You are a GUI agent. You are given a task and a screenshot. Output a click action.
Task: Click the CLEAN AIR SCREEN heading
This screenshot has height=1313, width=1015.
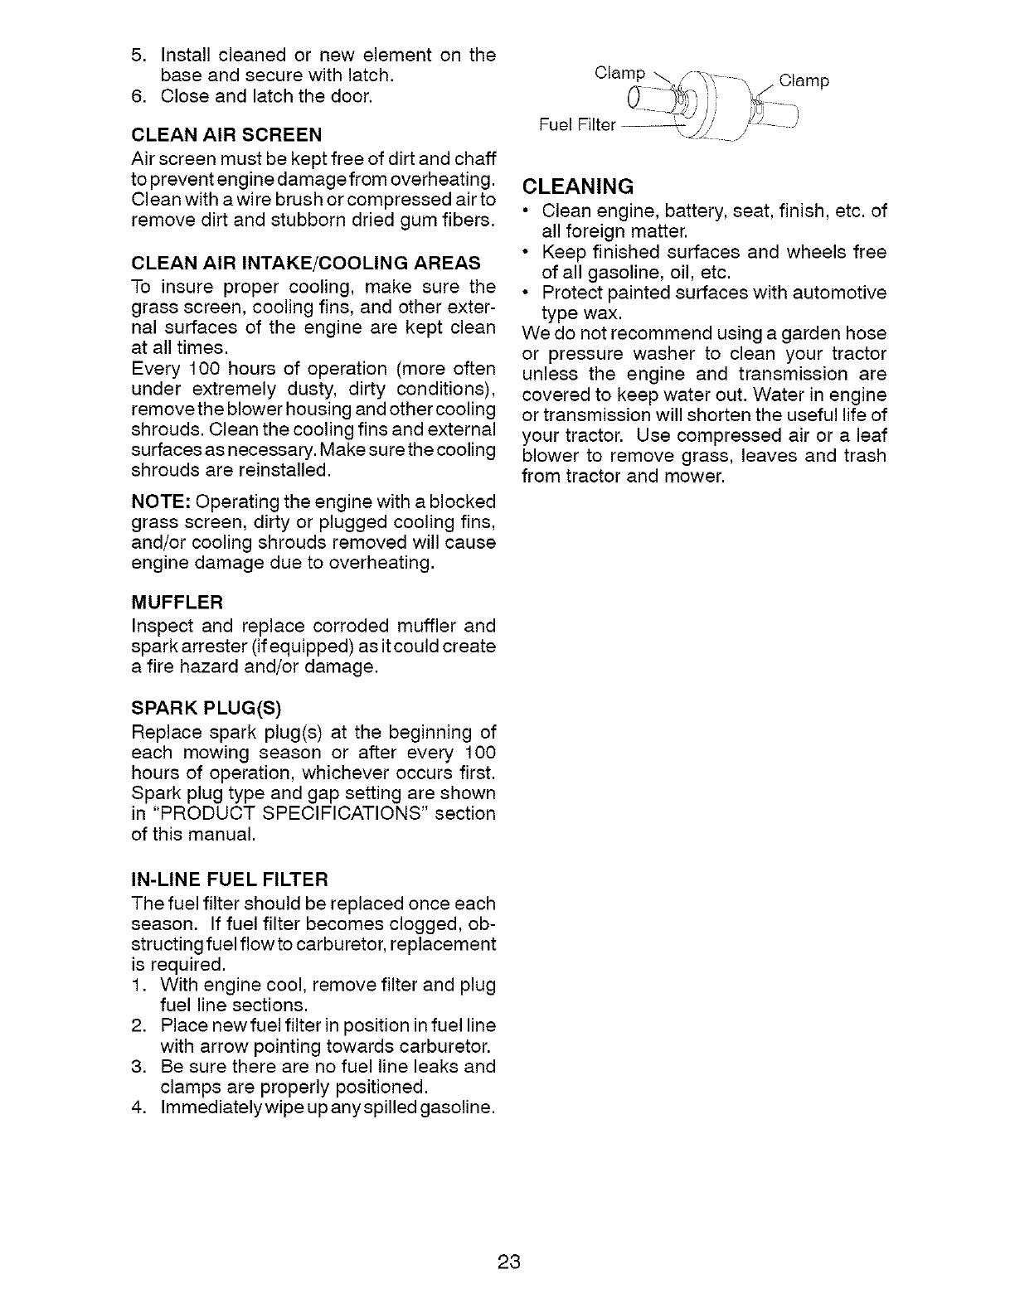tap(226, 134)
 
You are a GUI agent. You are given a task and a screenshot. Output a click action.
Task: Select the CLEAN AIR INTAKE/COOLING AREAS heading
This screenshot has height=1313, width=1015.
tap(306, 264)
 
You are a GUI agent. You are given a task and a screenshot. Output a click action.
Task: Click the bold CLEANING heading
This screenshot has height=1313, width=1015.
tap(578, 185)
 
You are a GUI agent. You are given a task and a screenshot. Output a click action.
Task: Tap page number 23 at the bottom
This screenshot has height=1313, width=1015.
tap(508, 1262)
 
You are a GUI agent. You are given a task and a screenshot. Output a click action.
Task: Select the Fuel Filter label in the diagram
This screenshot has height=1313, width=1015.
tap(577, 125)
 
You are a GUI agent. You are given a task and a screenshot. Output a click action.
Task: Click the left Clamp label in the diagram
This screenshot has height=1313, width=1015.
tap(620, 73)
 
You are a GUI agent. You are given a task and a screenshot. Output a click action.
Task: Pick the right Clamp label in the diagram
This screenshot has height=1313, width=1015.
tap(804, 81)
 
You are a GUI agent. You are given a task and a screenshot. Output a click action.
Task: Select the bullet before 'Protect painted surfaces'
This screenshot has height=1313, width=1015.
tap(527, 293)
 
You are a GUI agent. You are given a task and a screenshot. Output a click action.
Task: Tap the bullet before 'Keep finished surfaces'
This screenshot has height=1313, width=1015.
tap(527, 252)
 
